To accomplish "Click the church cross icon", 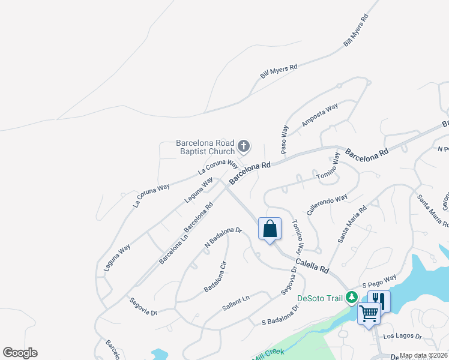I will tap(244, 146).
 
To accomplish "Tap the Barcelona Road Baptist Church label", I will tap(205, 147).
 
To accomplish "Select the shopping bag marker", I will tap(270, 229).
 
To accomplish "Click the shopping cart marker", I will tap(368, 314).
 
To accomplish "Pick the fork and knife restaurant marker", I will tap(379, 300).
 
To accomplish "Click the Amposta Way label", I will tap(320, 116).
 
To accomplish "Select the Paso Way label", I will tap(285, 139).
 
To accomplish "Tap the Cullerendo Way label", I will tap(327, 205).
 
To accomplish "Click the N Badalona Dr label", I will tap(223, 237).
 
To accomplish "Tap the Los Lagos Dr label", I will tap(402, 337).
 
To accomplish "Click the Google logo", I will tap(20, 353).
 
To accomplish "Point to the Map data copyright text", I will tap(424, 355).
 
